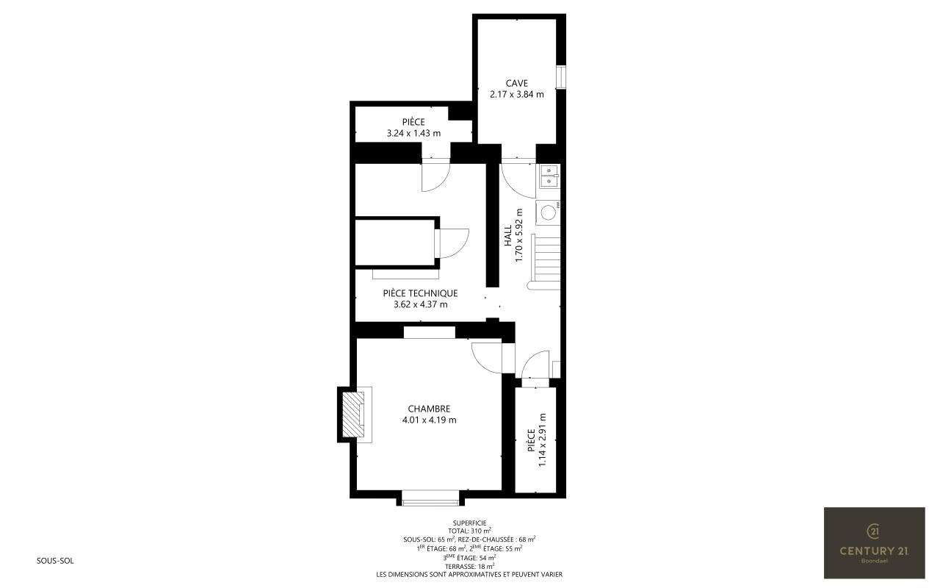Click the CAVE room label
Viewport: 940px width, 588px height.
tap(516, 83)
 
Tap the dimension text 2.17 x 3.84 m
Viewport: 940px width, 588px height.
tap(516, 95)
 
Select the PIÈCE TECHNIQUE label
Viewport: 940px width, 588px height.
tap(420, 293)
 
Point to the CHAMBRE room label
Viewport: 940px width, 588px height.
tap(429, 409)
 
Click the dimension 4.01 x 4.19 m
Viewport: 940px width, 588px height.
tap(429, 420)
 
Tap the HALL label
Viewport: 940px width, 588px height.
tap(508, 236)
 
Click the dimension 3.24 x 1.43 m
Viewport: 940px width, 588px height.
tap(413, 134)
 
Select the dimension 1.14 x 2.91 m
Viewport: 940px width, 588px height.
tap(542, 440)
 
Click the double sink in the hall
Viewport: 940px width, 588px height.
tap(548, 176)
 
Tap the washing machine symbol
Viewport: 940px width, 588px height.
tap(548, 212)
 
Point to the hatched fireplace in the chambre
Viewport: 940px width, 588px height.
tap(353, 415)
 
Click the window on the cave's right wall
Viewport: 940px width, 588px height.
tap(560, 77)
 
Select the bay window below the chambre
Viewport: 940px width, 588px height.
tap(430, 498)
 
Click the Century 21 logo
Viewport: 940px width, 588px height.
tap(874, 542)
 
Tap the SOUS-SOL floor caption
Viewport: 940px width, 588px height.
tap(55, 561)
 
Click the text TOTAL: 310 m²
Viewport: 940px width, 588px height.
tap(469, 531)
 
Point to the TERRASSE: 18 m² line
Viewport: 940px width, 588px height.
tap(469, 566)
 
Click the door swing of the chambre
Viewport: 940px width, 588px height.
tap(487, 358)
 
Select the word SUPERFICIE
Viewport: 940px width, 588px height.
tap(469, 523)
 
